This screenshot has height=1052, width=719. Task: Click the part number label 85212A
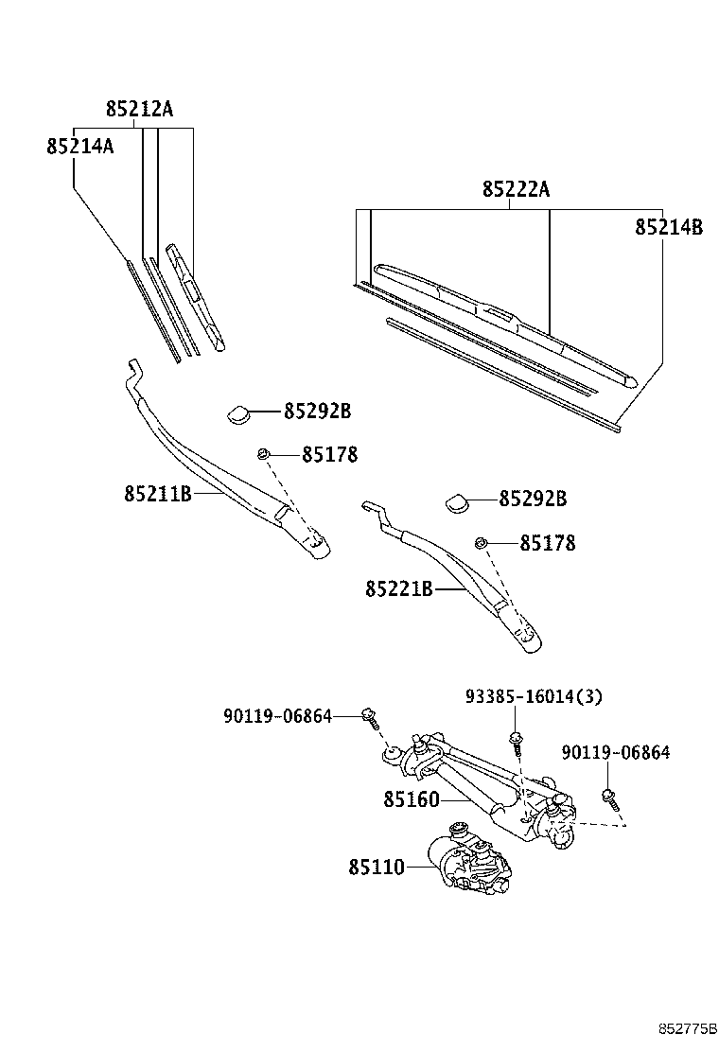[139, 110]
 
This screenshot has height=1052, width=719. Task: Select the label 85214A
[79, 146]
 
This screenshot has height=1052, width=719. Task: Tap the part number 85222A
[516, 189]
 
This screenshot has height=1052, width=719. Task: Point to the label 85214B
[668, 227]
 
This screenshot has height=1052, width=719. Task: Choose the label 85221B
[398, 589]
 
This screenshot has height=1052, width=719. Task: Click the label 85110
[376, 867]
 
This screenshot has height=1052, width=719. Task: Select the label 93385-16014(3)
[534, 697]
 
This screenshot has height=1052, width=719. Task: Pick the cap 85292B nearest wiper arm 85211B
[237, 412]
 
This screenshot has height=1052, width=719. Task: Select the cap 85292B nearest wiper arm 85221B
[457, 500]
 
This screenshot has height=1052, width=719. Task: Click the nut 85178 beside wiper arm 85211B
[264, 455]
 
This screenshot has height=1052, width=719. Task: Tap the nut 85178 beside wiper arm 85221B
[481, 542]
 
